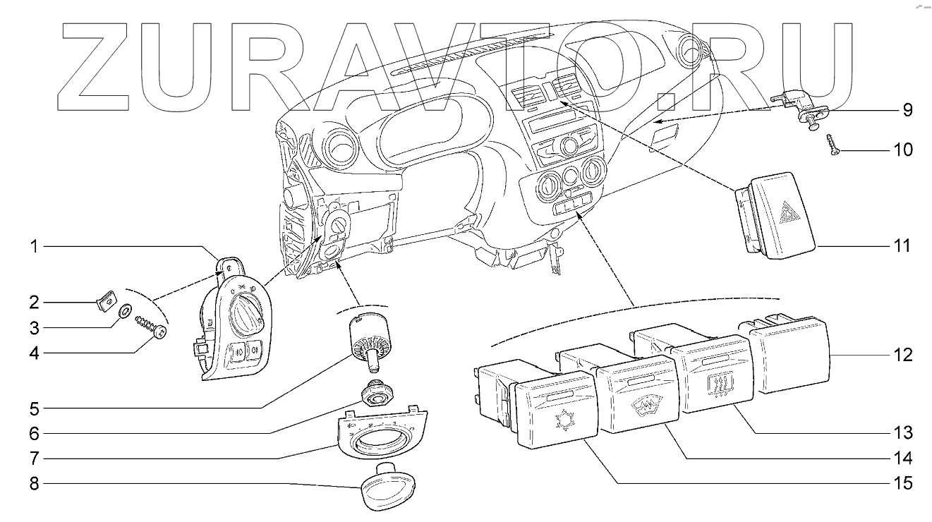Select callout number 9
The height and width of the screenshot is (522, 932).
point(907,110)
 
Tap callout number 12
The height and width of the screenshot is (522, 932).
point(904,354)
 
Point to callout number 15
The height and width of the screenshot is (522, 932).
point(904,484)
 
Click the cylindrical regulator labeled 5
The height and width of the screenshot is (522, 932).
point(368,336)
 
